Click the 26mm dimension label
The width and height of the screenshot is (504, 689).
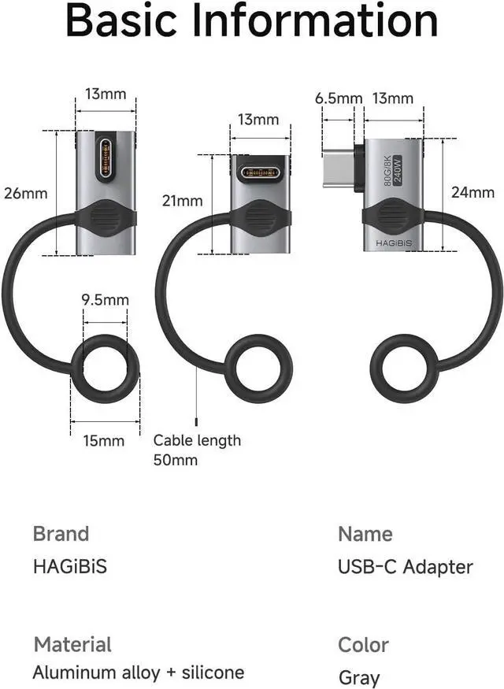(25, 193)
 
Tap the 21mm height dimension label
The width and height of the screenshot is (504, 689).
(183, 201)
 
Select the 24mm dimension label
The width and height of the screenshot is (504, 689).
(472, 192)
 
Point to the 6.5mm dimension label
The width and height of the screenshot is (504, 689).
(339, 98)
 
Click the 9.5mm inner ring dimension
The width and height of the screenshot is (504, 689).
(106, 300)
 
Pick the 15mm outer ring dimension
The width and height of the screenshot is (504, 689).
(104, 441)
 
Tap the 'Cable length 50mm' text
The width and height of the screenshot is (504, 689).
(197, 450)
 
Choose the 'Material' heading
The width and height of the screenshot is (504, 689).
(72, 645)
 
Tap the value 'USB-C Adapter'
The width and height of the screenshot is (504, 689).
(405, 567)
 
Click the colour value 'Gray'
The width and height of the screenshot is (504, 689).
(359, 677)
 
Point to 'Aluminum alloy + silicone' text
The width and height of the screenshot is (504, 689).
(138, 672)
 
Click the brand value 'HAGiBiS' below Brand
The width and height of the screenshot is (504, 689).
(69, 566)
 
